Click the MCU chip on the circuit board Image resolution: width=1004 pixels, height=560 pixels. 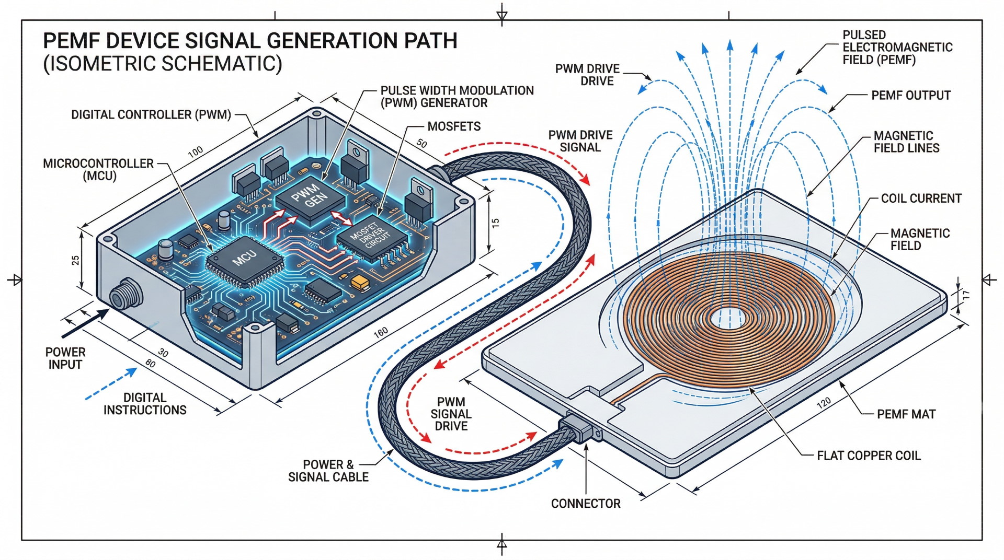[x=244, y=260]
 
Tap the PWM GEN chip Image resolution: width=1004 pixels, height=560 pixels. [x=310, y=197]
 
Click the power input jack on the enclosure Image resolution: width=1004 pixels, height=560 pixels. [x=122, y=294]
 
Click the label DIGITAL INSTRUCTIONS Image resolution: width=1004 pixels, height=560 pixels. [x=145, y=404]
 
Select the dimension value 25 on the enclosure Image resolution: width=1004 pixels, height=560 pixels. [x=75, y=260]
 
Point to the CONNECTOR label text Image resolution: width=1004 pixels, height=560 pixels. [x=585, y=504]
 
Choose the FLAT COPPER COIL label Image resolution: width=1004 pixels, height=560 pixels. [x=868, y=456]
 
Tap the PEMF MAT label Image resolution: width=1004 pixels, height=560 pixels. [x=906, y=414]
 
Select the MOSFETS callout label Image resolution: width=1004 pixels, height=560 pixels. [x=453, y=126]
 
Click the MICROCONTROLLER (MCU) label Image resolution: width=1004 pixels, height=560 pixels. [x=98, y=169]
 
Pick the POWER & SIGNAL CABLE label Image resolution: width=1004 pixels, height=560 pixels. [x=328, y=471]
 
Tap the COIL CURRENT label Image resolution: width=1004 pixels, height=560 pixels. [x=921, y=199]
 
